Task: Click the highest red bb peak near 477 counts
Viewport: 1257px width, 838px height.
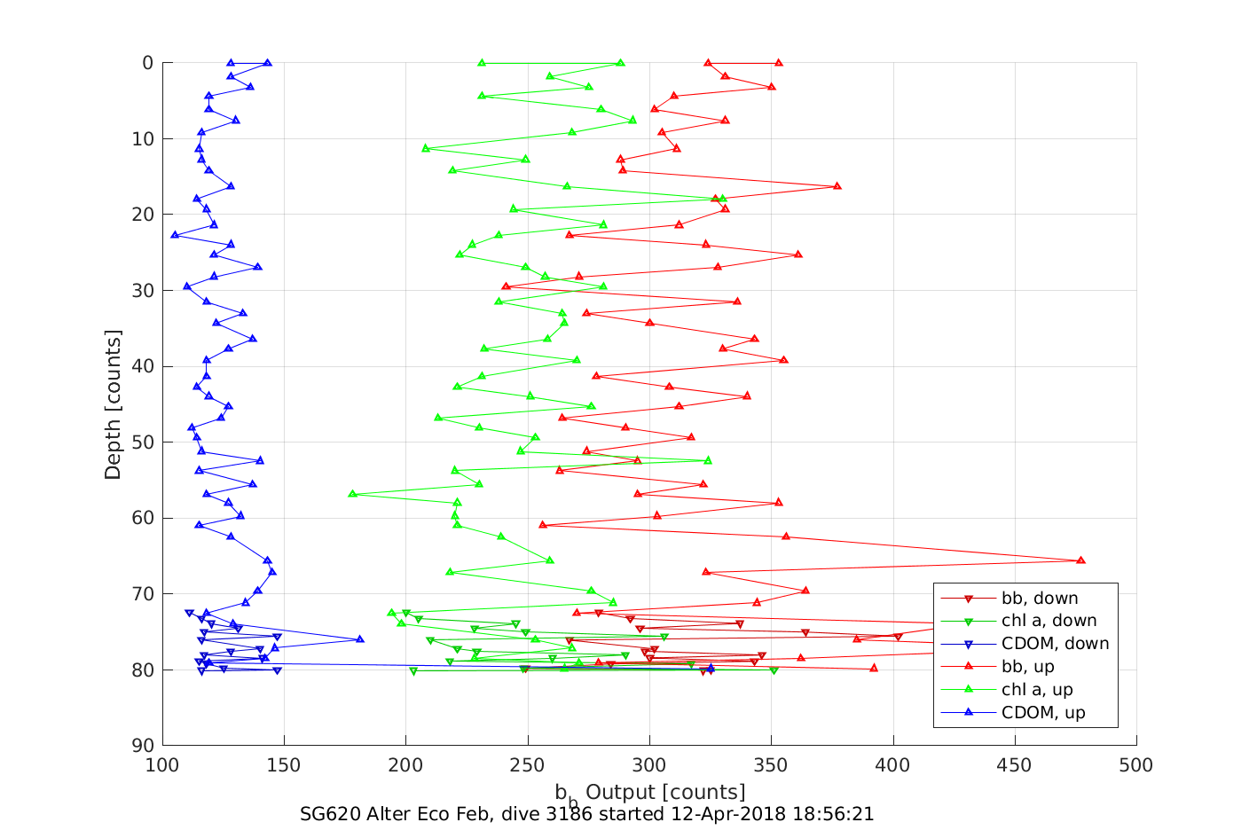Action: [1080, 560]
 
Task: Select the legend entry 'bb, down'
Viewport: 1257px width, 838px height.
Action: [1040, 599]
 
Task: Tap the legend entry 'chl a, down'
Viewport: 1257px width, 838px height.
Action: [1049, 622]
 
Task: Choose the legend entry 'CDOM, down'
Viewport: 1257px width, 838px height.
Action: [1055, 645]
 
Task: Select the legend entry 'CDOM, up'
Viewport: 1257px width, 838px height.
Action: [1043, 714]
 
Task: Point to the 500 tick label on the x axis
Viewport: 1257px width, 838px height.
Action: [1136, 765]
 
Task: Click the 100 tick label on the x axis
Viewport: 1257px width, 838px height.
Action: [162, 765]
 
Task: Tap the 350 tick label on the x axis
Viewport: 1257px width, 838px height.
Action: [771, 765]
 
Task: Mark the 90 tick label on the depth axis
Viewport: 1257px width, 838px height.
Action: [143, 746]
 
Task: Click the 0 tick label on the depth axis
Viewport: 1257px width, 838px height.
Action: [147, 63]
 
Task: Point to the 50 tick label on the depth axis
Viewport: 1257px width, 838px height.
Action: [143, 442]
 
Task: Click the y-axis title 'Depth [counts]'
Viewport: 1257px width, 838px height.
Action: [113, 404]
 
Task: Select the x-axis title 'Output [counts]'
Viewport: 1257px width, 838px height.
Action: [665, 791]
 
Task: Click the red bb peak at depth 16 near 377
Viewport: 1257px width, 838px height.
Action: [837, 186]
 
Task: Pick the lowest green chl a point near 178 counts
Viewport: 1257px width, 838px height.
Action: [352, 494]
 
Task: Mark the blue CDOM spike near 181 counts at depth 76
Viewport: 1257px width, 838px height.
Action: [359, 639]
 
